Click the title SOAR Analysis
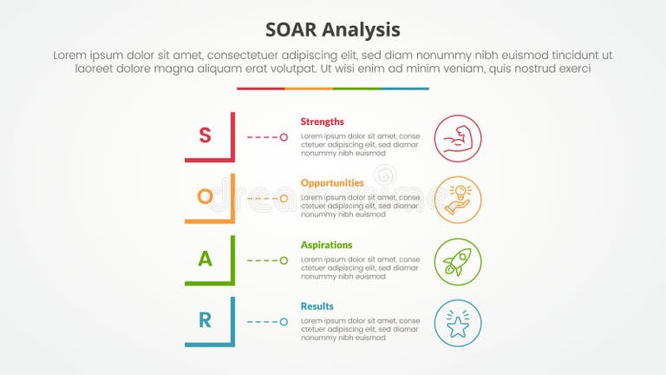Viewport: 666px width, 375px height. click(333, 30)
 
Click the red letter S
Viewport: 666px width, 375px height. click(206, 135)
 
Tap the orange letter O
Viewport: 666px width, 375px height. click(206, 197)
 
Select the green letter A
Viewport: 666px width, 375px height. click(206, 259)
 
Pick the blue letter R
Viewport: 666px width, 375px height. click(206, 320)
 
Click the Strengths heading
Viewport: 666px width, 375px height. click(323, 122)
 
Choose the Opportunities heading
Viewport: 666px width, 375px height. click(332, 183)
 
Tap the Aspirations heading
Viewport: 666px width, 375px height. click(327, 245)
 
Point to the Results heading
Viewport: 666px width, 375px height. click(317, 306)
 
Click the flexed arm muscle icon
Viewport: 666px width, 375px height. click(457, 139)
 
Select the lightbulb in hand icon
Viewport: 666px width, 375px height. click(457, 201)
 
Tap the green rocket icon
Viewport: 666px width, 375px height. click(457, 262)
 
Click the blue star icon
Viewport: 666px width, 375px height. click(457, 324)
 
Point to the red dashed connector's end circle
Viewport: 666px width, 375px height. click(284, 137)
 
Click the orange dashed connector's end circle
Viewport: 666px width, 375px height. click(284, 199)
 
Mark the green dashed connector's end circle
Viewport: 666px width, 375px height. click(284, 260)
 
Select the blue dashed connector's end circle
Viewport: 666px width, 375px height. click(284, 322)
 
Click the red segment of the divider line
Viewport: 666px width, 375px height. click(261, 89)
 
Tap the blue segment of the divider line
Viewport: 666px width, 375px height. click(405, 89)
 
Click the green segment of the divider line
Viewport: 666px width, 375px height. click(356, 89)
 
